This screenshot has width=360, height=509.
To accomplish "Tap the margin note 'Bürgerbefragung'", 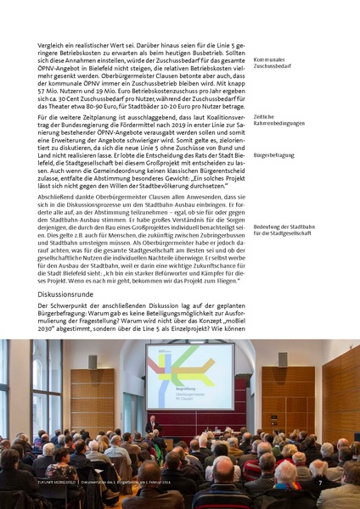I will click(x=274, y=156).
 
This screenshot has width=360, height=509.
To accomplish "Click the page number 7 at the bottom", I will click(x=321, y=483).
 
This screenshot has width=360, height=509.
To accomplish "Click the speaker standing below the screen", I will click(x=151, y=424).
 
